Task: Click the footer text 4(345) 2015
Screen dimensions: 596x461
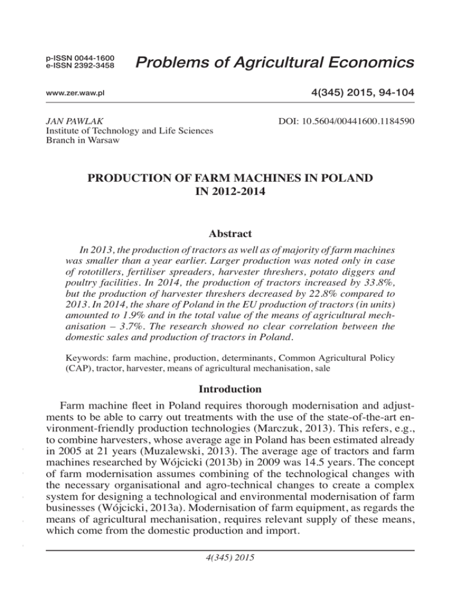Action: (230, 574)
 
